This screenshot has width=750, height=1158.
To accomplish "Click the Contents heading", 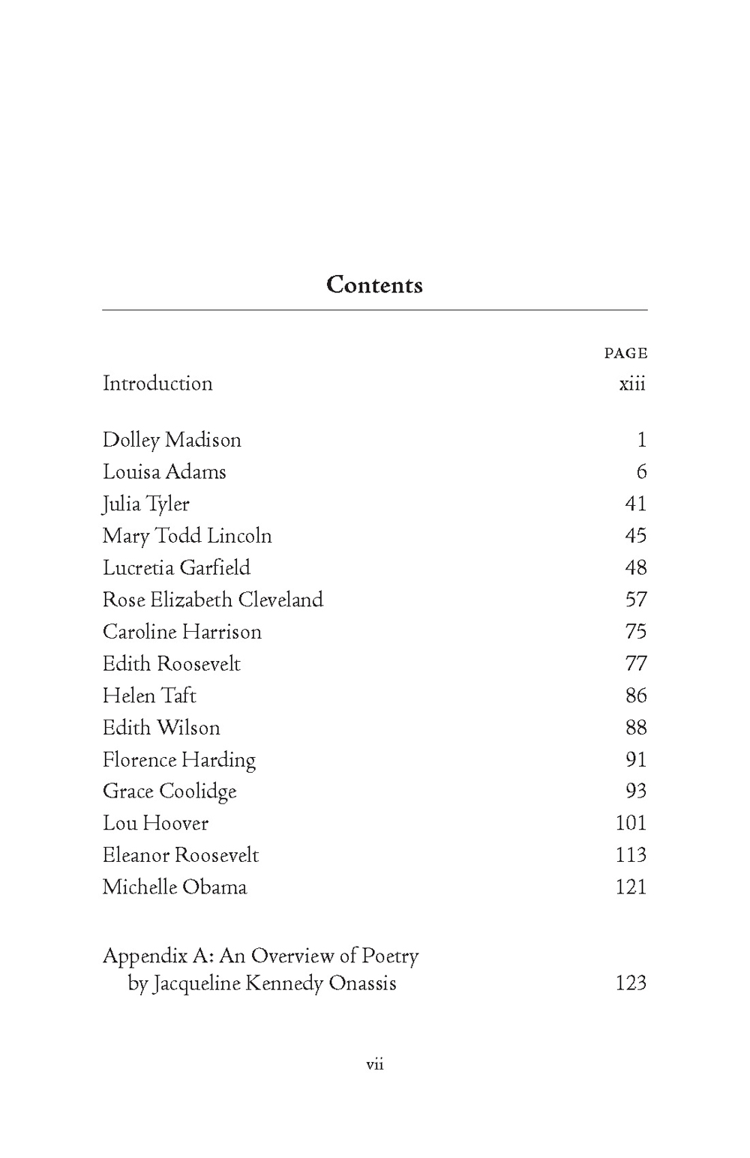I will point(374,285).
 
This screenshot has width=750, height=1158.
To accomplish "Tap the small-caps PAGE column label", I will point(625,353).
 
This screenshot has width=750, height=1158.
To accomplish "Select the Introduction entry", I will point(157,383).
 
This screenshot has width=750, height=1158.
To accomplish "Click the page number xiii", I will point(632,384).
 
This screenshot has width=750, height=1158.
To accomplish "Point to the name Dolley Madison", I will point(172,440).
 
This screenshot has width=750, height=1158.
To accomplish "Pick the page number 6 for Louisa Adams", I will point(641,471).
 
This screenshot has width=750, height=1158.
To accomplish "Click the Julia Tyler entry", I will point(146,504).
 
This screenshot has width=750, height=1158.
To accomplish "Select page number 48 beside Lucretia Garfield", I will point(636,567).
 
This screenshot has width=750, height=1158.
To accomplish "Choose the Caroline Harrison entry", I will point(182,632).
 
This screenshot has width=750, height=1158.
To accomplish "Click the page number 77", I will point(636,663).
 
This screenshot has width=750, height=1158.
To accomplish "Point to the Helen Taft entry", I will point(149,696).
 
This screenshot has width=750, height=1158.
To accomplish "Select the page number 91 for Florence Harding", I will point(636,759).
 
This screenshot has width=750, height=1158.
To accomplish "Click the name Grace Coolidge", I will point(169,791).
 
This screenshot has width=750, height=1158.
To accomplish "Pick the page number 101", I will point(631,823).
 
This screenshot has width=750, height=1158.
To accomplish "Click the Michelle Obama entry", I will point(175,887).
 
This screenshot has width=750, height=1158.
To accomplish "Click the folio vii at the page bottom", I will point(375,1064).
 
